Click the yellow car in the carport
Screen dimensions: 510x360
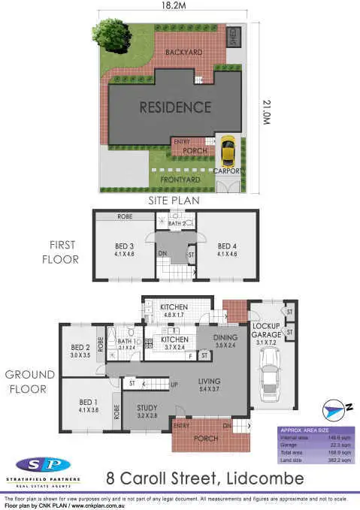pos(228,152)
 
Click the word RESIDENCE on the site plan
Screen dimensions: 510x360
pos(174,107)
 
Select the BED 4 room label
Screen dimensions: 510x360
pos(226,246)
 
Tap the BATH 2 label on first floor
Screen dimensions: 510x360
pos(177,223)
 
